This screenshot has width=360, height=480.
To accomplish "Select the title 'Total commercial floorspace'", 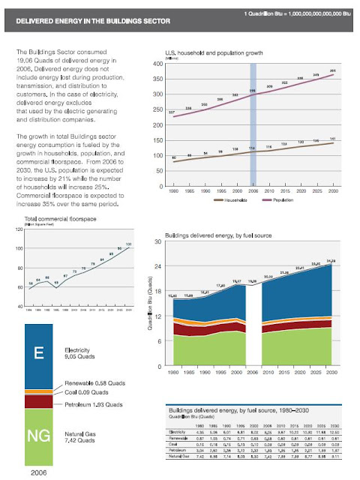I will tap(52, 218).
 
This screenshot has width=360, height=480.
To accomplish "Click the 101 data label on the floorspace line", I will tap(129, 244).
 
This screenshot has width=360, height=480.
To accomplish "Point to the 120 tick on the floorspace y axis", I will tap(19, 229).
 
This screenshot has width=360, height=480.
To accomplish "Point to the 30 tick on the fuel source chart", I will tap(159, 241).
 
